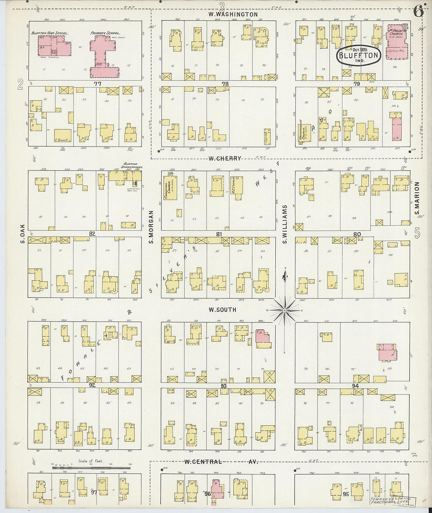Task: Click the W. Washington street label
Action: tap(233, 15)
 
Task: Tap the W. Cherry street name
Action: tap(225, 158)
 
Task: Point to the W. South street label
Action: tap(222, 310)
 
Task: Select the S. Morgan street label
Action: tap(151, 227)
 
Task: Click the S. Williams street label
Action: tap(285, 224)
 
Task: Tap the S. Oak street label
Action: tap(23, 234)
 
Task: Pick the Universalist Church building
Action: tap(305, 131)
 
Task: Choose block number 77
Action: tap(97, 84)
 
